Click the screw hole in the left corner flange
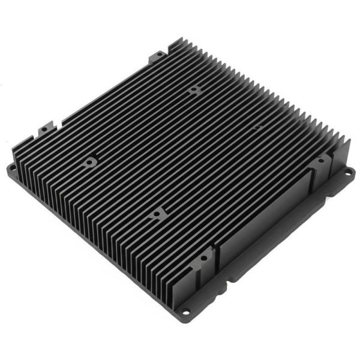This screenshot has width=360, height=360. pos(13,168)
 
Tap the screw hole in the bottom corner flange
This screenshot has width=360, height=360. pos(185,311)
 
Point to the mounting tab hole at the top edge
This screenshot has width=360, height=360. pos(158,56)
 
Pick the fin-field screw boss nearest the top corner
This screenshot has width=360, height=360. pos(193,90)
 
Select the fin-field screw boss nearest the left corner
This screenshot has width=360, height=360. pos(90,161)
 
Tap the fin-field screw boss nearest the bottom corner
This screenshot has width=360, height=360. pos(157,213)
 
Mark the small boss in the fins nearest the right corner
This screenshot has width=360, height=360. pos(256,127)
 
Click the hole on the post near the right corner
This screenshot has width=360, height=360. pos(320,161)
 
